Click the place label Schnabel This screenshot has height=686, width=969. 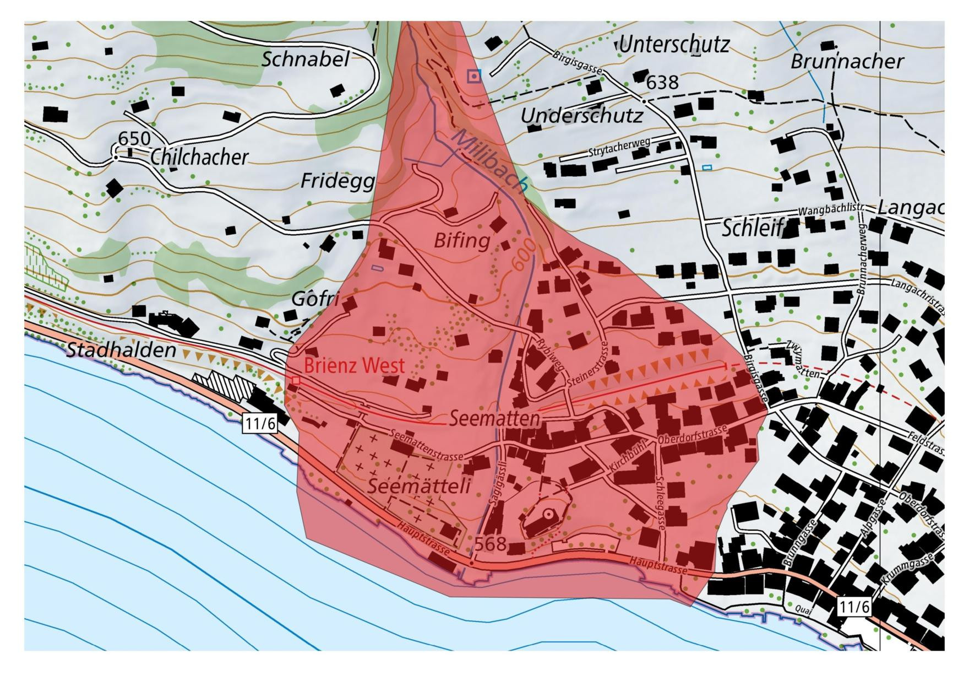tap(305, 59)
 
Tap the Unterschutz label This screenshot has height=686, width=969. tap(674, 45)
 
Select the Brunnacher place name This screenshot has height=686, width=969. tap(847, 61)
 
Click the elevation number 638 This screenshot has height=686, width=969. tap(662, 83)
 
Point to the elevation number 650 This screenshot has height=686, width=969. tap(134, 138)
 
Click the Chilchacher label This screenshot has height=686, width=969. tap(199, 158)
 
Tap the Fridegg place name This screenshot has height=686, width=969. tap(337, 181)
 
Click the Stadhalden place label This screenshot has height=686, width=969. tap(121, 350)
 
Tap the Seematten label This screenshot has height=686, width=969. tap(494, 418)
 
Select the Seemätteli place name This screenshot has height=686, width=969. tap(418, 486)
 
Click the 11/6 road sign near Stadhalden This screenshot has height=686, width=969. tap(259, 423)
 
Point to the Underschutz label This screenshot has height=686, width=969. tap(581, 116)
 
